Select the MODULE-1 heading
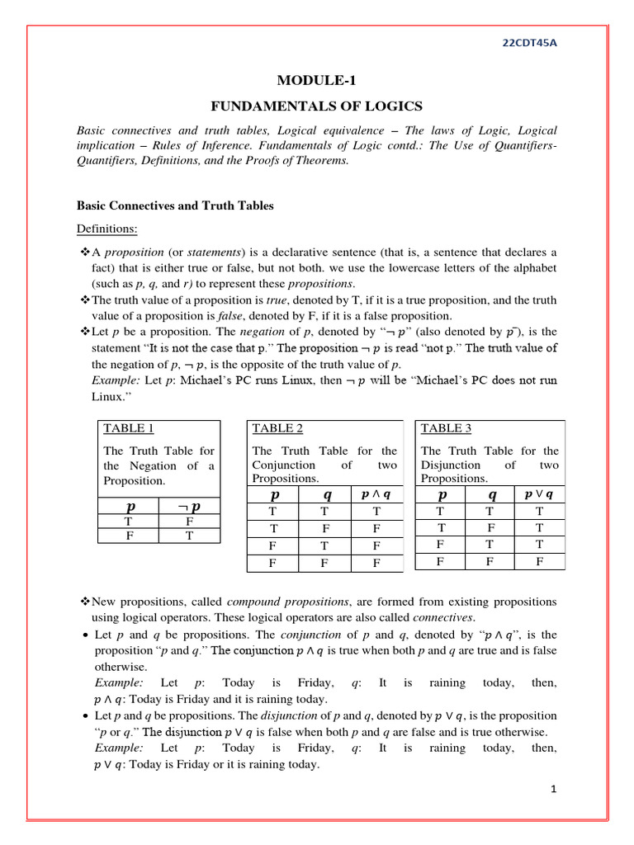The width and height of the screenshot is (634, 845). pos(317,80)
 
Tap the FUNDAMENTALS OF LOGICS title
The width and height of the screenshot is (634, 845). pos(317,106)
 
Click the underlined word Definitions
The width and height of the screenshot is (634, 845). pos(107,228)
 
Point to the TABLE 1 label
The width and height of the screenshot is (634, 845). pos(128,427)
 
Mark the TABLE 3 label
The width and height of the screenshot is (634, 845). pos(446,427)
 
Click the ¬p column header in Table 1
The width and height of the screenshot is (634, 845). pos(189,506)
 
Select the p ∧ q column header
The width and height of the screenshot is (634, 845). pos(376,494)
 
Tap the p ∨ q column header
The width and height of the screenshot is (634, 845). pos(539,494)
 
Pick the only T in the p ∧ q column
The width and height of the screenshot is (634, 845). pos(376,512)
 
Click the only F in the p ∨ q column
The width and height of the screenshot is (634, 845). pos(539,561)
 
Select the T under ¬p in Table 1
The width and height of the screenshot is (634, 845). pos(189,535)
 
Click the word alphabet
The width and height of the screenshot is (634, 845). pos(532,268)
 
